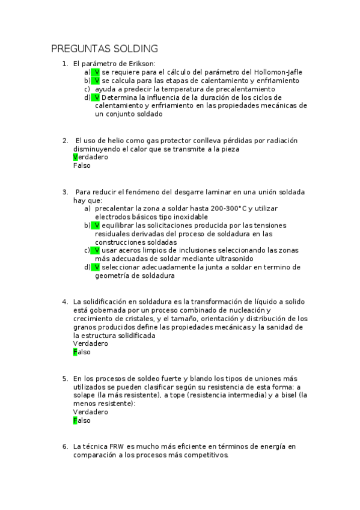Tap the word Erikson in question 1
[141, 63]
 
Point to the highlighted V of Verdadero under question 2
[75, 157]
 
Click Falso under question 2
[82, 165]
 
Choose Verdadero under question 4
[91, 343]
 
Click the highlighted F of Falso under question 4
[75, 352]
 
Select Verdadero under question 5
[91, 412]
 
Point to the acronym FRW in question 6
[117, 447]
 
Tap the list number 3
[65, 192]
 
